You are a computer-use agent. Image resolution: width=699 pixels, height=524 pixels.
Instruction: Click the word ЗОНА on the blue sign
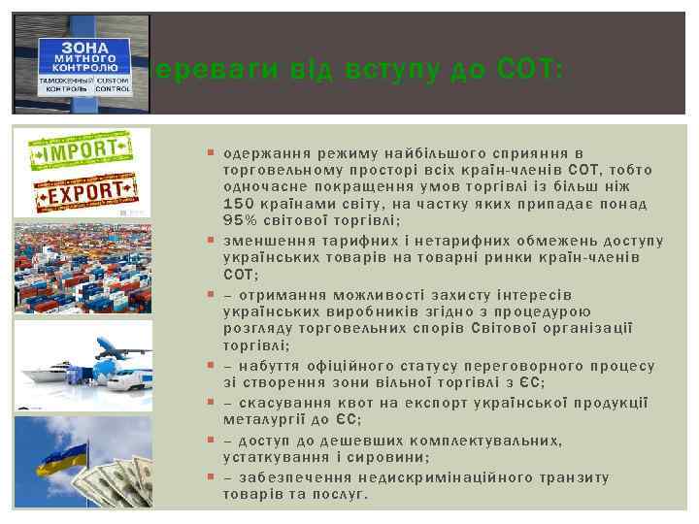(x=81, y=47)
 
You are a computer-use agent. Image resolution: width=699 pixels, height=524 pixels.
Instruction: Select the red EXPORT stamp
(x=83, y=192)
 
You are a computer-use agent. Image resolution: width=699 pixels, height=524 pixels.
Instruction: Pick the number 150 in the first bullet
(x=241, y=204)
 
